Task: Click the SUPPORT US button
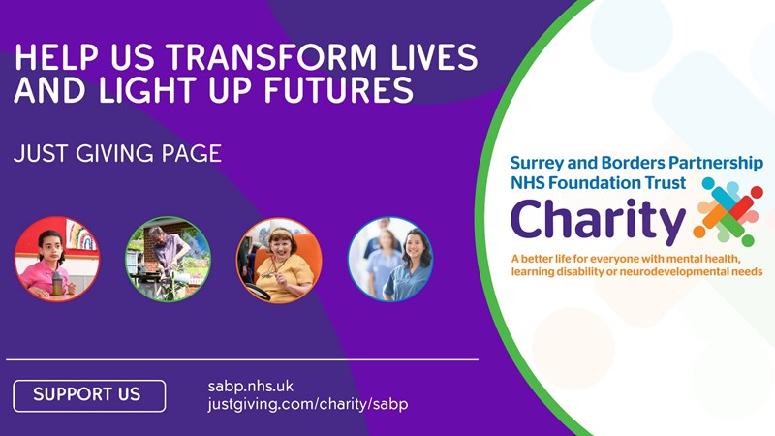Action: pos(89,395)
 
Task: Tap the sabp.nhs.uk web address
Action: pos(251,386)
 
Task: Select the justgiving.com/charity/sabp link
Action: pos(308,404)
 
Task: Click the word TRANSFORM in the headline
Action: pos(272,57)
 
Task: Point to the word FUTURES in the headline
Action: pos(338,90)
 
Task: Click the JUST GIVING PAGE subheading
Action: pos(117,154)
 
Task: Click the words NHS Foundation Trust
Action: pos(598,183)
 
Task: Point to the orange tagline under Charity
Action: pos(636,265)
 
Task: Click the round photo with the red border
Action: pos(57,259)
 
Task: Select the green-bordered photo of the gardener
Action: pos(168,259)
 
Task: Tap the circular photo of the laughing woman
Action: pos(279,260)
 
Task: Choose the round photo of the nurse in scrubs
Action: pos(390,259)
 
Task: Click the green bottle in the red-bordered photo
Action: pos(57,283)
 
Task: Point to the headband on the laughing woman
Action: pos(279,232)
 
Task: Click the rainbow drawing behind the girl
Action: pos(81,236)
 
